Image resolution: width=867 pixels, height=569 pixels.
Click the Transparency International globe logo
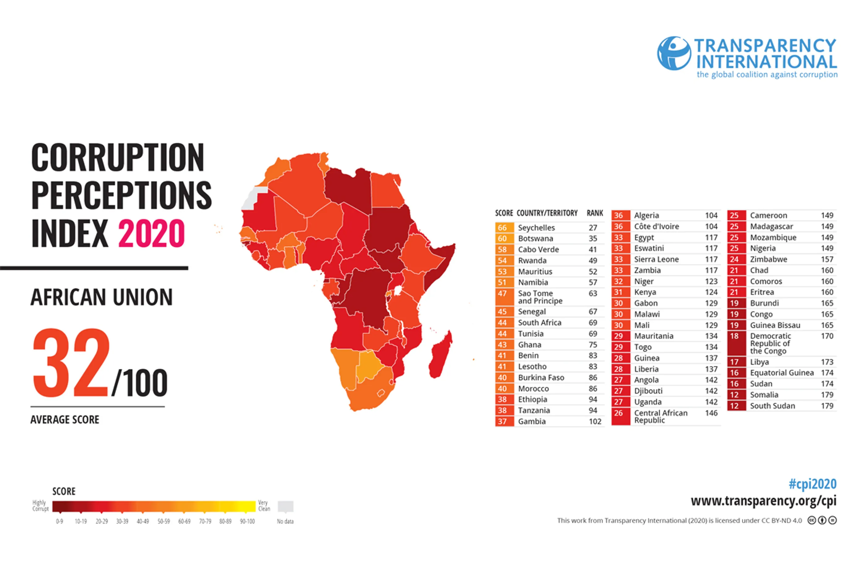pyautogui.click(x=673, y=53)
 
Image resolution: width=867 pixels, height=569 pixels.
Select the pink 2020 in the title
pyautogui.click(x=151, y=233)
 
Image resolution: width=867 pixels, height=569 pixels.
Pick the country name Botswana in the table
pyautogui.click(x=535, y=239)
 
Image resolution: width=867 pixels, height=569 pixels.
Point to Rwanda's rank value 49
pyautogui.click(x=593, y=261)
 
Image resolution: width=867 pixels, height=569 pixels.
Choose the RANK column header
pyautogui.click(x=595, y=213)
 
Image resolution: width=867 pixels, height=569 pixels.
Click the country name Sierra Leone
pyautogui.click(x=656, y=259)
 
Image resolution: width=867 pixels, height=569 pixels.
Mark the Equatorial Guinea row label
pyautogui.click(x=782, y=373)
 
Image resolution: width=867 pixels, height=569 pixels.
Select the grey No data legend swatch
pyautogui.click(x=285, y=506)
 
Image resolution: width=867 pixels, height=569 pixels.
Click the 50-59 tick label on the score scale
pyautogui.click(x=163, y=521)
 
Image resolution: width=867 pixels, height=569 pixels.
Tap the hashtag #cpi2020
pyautogui.click(x=812, y=484)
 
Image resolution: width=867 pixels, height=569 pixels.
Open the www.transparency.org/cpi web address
pyautogui.click(x=763, y=501)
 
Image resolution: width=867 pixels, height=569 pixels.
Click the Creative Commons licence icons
pyautogui.click(x=822, y=520)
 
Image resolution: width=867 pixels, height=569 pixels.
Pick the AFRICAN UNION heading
pyautogui.click(x=101, y=297)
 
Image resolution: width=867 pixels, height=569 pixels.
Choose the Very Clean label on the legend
pyautogui.click(x=264, y=506)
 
